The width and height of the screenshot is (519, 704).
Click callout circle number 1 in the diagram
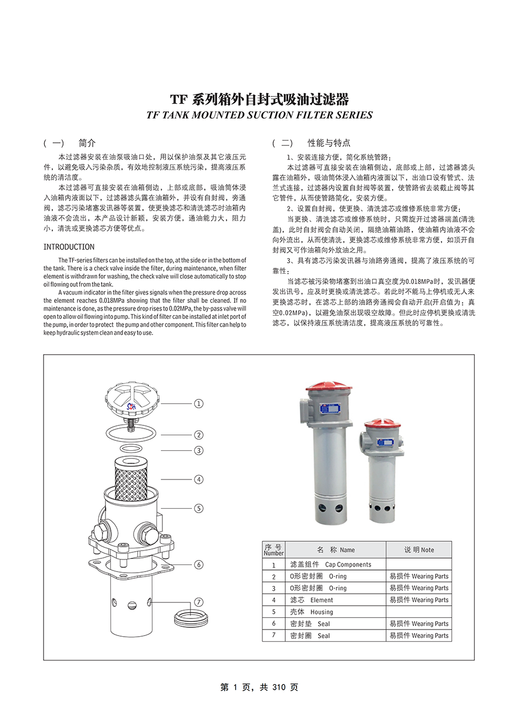pos(199,403)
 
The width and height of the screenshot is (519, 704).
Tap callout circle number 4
pos(199,479)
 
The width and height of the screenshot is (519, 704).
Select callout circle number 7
pos(199,602)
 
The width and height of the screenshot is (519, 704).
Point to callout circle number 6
pos(199,564)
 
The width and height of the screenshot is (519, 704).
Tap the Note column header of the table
pos(419,550)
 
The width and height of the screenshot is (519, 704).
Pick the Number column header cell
pos(273,550)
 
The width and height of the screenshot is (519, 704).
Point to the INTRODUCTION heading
pos(69,247)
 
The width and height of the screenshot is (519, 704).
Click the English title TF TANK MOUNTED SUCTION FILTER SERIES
pos(259,115)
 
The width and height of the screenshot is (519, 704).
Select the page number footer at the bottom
pos(259,687)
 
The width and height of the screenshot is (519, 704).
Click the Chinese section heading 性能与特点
pos(329,143)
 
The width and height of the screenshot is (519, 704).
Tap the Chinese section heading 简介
pos(87,143)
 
